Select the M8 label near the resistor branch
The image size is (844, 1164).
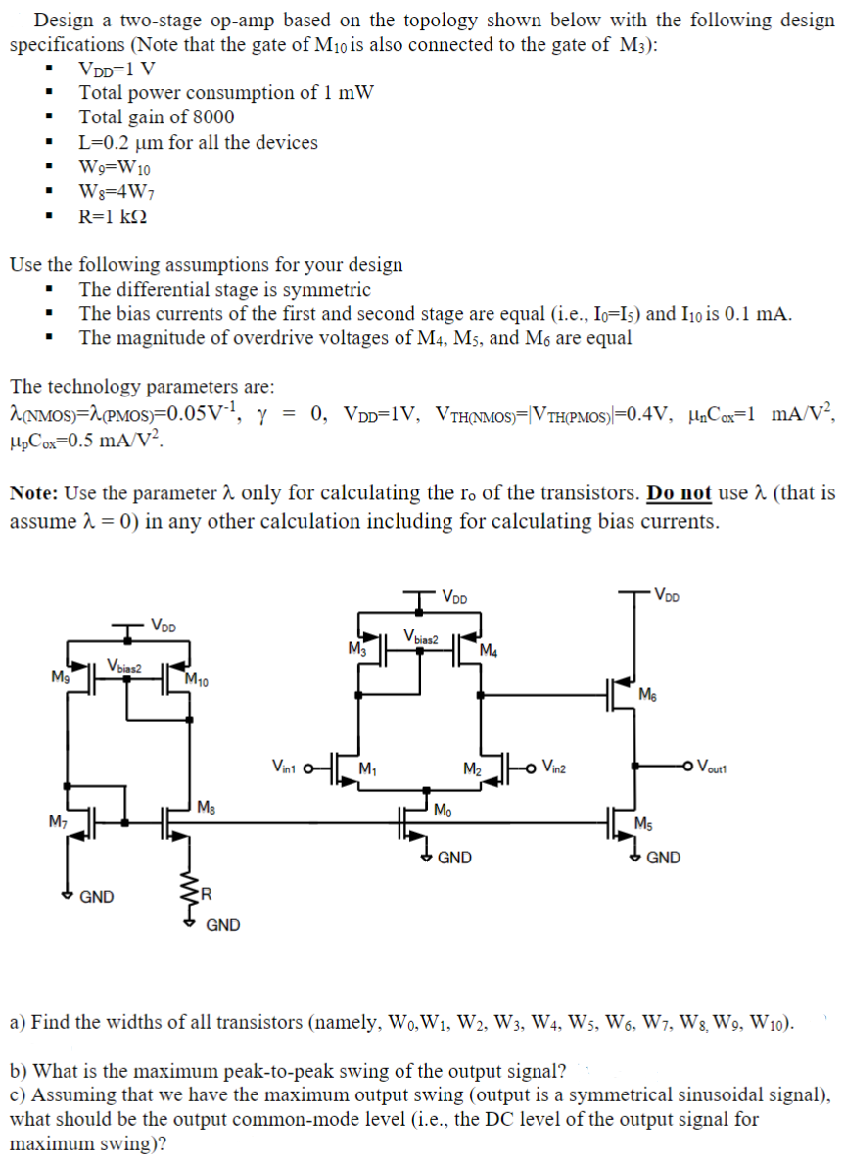(207, 807)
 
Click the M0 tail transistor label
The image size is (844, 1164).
(443, 809)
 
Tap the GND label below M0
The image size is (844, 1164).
(455, 859)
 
